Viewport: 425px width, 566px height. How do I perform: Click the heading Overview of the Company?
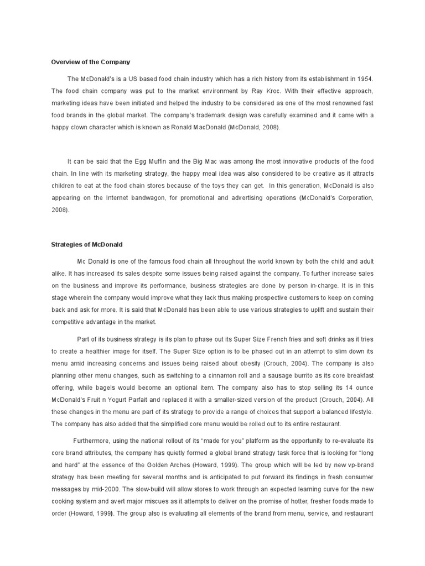[90, 62]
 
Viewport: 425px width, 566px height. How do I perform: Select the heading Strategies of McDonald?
[86, 245]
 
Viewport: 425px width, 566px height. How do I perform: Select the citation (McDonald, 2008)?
[243, 127]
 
